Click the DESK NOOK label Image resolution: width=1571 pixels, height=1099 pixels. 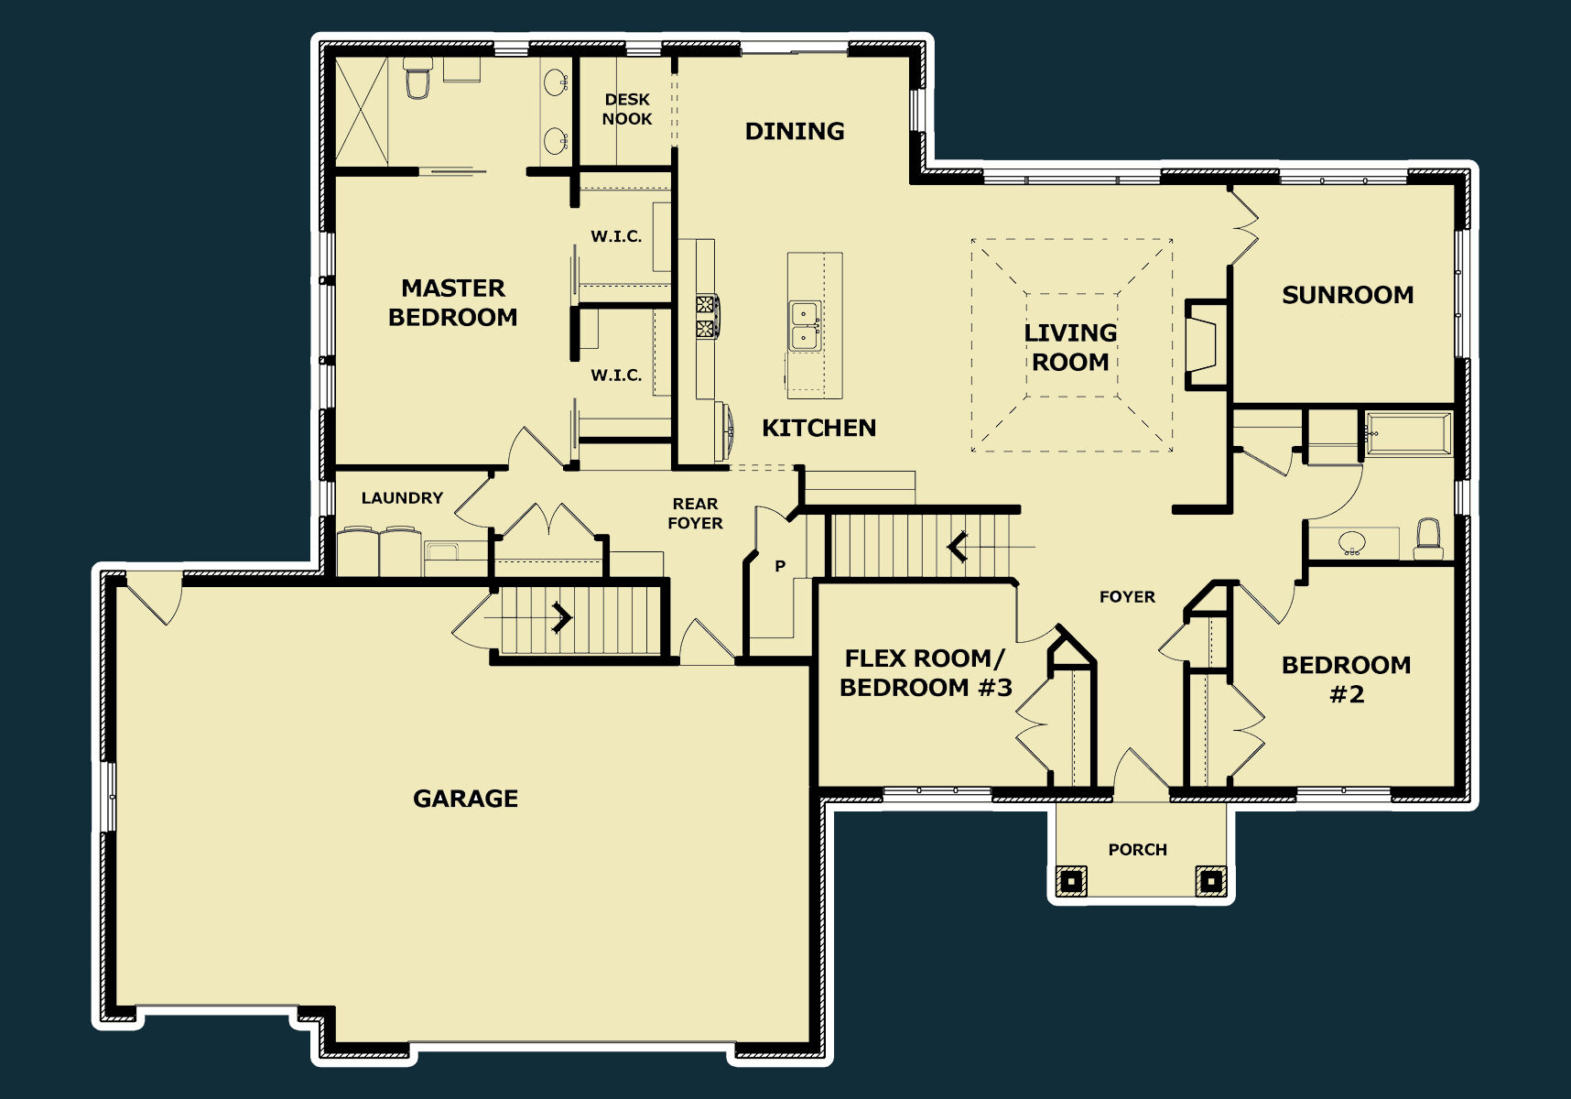click(627, 109)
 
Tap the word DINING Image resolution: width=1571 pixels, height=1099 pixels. click(795, 131)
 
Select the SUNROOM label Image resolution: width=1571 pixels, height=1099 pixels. click(1348, 295)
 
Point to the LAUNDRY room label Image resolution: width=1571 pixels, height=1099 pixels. click(402, 498)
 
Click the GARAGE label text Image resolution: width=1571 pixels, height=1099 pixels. click(465, 799)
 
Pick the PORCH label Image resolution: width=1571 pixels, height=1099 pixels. click(1138, 850)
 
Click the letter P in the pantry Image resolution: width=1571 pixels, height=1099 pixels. click(780, 566)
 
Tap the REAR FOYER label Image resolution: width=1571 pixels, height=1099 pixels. click(695, 514)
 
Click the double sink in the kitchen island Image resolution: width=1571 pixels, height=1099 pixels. click(806, 325)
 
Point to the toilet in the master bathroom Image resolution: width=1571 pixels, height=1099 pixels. click(417, 76)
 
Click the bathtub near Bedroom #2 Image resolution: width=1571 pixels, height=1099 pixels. click(1408, 434)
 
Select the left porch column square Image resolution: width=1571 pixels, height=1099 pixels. click(1071, 881)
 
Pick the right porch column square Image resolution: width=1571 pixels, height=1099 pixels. click(1210, 881)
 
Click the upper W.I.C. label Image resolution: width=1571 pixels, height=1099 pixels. click(616, 236)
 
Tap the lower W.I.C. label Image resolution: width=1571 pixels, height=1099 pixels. click(616, 375)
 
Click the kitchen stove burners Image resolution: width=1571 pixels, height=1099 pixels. click(707, 317)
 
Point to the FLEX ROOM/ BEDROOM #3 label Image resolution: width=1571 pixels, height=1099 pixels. click(926, 673)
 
